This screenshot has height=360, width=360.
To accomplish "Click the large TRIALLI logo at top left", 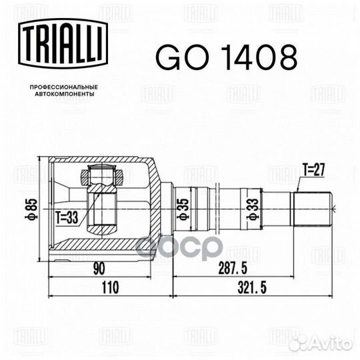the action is (63, 43).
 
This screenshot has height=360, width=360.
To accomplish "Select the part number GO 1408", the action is (227, 57).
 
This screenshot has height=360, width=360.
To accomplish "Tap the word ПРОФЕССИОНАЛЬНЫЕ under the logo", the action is (64, 87).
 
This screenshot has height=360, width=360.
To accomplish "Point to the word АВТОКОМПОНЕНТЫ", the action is (64, 94).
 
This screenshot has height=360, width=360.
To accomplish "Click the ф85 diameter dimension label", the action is (32, 209).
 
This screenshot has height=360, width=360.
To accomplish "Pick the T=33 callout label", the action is (67, 217).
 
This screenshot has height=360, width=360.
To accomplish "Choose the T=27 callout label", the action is (314, 170).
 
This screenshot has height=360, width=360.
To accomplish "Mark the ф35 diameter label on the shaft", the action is (184, 209).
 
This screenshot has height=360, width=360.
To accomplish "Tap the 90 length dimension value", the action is (99, 269).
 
